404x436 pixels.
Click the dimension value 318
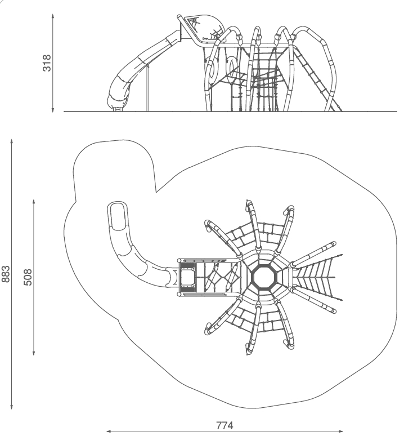[47, 63]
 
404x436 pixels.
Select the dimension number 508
[28, 277]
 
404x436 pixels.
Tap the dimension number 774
[225, 425]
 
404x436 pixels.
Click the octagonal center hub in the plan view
[264, 278]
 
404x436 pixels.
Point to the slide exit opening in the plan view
[118, 216]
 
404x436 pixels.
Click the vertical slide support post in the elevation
[148, 87]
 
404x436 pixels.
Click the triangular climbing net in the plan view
[318, 278]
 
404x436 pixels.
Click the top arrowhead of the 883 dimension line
[12, 141]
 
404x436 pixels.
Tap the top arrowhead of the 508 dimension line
[34, 202]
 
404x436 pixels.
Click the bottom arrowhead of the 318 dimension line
[53, 110]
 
